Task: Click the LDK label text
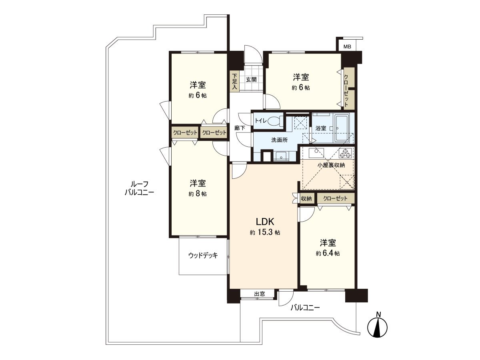(x=265, y=222)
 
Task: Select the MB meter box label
(x=347, y=46)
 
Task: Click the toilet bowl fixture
(x=274, y=121)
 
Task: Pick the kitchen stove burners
(x=346, y=153)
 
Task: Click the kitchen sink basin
(x=316, y=153)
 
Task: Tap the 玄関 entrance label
(x=251, y=79)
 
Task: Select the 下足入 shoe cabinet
(x=234, y=82)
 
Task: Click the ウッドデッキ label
(x=203, y=255)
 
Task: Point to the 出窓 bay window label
(x=260, y=294)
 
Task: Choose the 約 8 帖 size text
(x=198, y=194)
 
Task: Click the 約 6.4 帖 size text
(x=328, y=253)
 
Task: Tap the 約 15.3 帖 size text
(x=265, y=232)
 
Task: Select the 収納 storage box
(x=306, y=198)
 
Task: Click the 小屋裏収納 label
(x=331, y=165)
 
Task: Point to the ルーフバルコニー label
(x=140, y=188)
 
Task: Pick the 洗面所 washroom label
(x=280, y=140)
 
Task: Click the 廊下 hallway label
(x=240, y=128)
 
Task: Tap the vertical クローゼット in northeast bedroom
(x=349, y=88)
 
